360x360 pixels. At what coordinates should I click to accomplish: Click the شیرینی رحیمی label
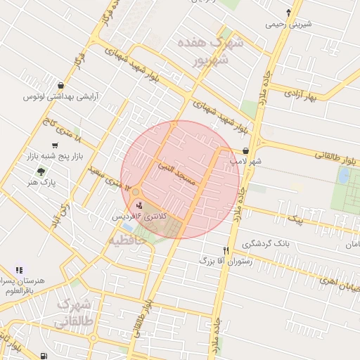click(288, 24)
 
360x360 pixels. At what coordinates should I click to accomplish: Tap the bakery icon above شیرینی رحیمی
click(288, 13)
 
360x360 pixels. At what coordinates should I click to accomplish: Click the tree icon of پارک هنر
click(42, 171)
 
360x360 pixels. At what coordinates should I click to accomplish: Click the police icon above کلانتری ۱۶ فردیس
click(139, 205)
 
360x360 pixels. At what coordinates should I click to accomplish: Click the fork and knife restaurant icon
click(226, 250)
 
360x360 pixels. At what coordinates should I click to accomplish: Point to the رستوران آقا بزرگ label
click(205, 260)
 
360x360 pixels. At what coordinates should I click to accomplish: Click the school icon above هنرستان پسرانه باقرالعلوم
click(19, 269)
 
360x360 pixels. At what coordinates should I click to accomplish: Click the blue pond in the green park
click(344, 176)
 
